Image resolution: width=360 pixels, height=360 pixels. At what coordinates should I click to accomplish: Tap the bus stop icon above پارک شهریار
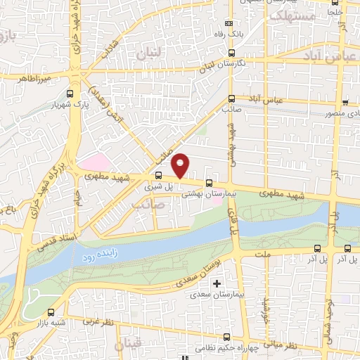tap(69, 94)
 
